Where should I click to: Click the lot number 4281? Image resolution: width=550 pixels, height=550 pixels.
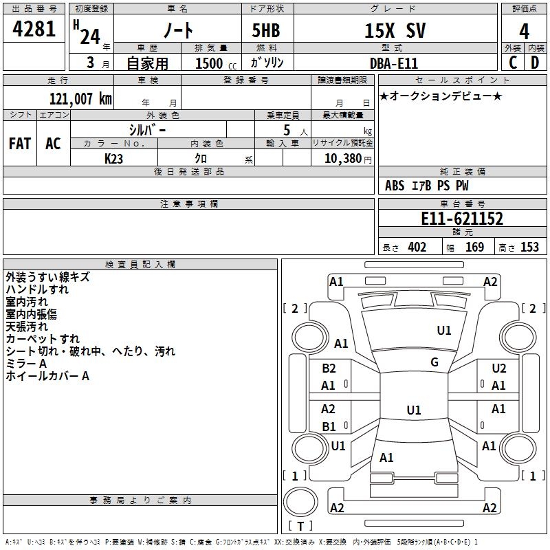coord(34,29)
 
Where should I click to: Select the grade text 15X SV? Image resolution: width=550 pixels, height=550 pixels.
coord(395,30)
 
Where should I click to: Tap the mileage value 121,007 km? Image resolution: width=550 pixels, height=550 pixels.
coord(80,99)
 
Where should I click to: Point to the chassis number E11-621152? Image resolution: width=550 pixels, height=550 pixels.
coord(462,219)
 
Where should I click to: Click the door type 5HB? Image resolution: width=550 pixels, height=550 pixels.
coord(266,30)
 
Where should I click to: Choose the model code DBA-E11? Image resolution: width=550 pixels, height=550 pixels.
coord(394,63)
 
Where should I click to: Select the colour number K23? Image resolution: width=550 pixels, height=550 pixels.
coord(113,159)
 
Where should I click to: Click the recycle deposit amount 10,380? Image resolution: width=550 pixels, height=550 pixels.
coord(343,159)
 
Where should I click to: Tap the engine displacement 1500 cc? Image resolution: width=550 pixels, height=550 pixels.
coord(216,63)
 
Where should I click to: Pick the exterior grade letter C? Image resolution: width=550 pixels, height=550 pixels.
coord(513,63)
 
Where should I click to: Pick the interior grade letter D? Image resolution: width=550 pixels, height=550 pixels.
coord(535,63)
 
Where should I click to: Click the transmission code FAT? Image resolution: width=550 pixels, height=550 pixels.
coord(20,144)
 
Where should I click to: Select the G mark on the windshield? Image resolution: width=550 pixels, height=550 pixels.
coord(434,362)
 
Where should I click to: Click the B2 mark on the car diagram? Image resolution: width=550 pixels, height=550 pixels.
coord(329,368)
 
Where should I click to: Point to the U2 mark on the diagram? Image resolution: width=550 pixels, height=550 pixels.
coord(499,368)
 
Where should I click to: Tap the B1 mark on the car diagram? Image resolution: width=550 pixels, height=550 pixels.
coord(329,426)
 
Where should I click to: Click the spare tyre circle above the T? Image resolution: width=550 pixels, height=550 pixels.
coord(300,502)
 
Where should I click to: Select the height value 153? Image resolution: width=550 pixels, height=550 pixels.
coord(529,247)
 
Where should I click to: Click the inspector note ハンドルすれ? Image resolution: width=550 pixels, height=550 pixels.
coord(37,289)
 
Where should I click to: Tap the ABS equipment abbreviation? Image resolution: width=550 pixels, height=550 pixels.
coord(395,186)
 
